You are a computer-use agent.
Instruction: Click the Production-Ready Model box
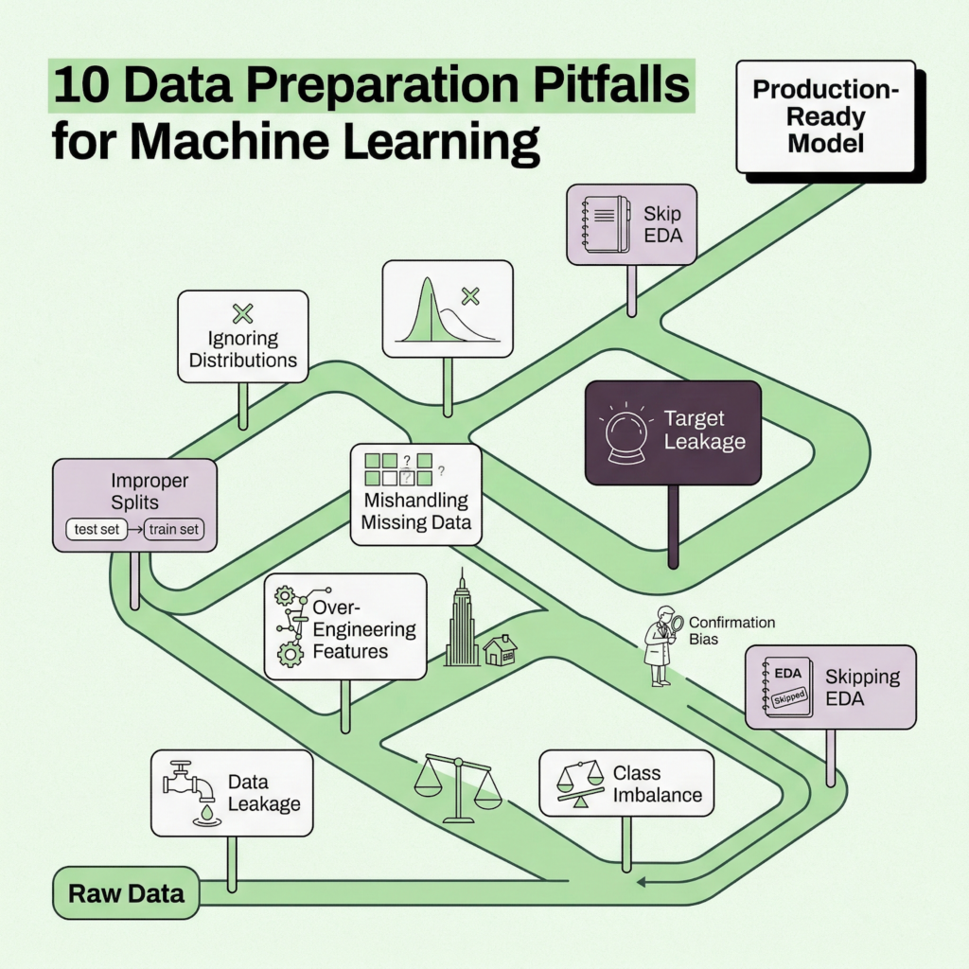(825, 117)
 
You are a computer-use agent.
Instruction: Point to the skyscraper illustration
(462, 621)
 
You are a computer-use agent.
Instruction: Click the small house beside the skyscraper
(500, 650)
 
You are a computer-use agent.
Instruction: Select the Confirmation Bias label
(731, 631)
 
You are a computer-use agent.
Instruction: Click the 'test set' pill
(97, 529)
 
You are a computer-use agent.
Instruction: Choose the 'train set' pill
(173, 529)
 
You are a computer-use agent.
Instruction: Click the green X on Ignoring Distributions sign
(243, 313)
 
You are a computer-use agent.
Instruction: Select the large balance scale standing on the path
(459, 784)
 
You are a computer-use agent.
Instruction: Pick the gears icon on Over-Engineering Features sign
(290, 625)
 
